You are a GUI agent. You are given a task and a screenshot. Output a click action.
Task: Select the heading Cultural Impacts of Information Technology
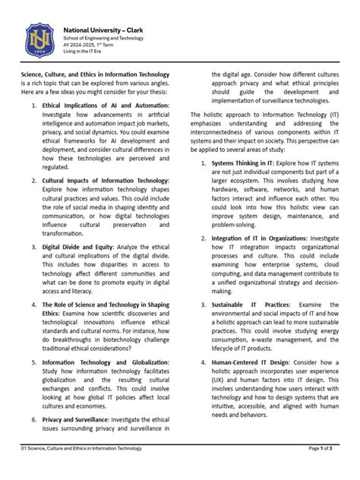[x=106, y=180]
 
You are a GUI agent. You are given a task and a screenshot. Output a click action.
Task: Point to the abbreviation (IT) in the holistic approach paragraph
[x=340, y=115]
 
